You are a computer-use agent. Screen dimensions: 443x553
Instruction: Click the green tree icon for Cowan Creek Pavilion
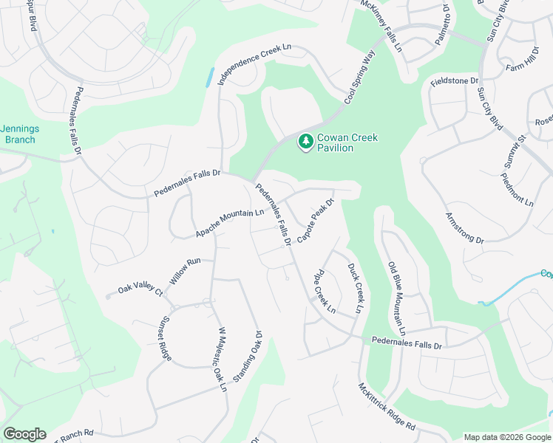click(305, 140)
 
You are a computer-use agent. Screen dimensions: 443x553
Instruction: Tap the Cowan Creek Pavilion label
click(345, 142)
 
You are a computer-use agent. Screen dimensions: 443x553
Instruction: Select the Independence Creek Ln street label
click(255, 64)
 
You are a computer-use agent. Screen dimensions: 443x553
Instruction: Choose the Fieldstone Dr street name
click(455, 79)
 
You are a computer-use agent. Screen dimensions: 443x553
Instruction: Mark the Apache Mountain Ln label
click(229, 223)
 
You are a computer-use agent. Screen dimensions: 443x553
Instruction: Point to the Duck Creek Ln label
click(356, 287)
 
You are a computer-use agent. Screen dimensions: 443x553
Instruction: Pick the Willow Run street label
click(185, 272)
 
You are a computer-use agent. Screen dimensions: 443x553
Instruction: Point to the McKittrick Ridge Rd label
click(387, 407)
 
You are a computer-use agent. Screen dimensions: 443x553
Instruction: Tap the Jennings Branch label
click(20, 134)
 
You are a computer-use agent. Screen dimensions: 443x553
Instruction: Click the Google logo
click(24, 434)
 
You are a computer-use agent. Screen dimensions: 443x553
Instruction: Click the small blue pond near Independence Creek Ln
click(211, 77)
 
